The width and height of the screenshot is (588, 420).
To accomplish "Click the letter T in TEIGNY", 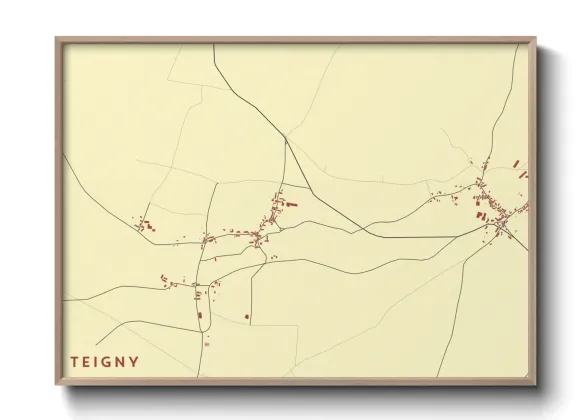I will click(x=73, y=362).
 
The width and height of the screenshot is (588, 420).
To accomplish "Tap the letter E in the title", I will click(x=86, y=362).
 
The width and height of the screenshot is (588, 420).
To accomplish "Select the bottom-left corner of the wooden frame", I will click(x=57, y=385).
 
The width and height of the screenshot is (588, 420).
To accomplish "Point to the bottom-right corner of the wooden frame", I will click(x=535, y=385).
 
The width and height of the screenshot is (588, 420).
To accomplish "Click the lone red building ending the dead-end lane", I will click(x=246, y=317).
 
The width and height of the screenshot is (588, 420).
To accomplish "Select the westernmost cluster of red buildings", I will click(x=146, y=226).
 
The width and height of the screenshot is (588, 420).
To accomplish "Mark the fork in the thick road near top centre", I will click(x=286, y=138).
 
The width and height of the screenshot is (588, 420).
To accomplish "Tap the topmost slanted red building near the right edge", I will click(x=516, y=163).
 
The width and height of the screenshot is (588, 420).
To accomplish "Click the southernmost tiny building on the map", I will click(x=207, y=343).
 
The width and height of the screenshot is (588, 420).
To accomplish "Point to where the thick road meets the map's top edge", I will click(x=214, y=46).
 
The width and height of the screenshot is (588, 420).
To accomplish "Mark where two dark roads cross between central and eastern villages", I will click(x=372, y=236).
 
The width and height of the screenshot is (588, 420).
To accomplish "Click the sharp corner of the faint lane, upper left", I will click(x=203, y=87).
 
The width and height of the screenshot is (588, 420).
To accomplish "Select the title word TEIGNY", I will click(x=104, y=362).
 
